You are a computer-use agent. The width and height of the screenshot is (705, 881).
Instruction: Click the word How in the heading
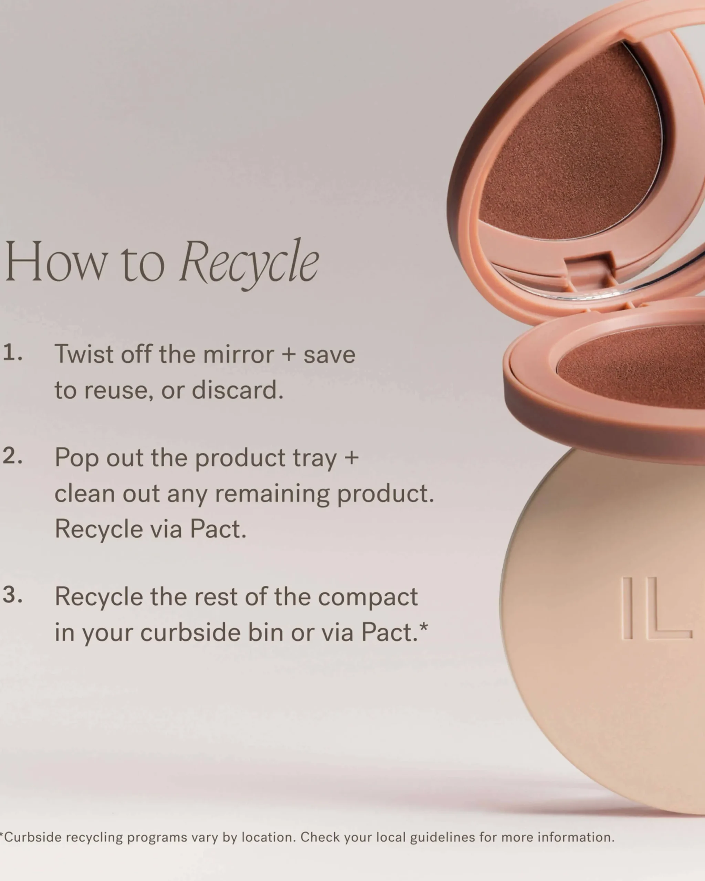(55, 262)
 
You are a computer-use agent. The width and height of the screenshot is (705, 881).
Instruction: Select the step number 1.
(12, 353)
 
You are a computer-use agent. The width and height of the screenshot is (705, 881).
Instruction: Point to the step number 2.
(12, 456)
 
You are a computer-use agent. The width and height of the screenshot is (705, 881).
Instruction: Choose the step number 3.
(12, 595)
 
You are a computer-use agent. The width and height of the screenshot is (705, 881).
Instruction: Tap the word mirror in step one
(238, 354)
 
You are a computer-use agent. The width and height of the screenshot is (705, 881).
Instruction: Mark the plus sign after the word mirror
(288, 354)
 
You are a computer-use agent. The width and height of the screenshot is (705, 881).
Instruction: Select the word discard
(238, 390)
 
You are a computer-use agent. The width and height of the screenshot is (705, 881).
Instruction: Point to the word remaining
(272, 495)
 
